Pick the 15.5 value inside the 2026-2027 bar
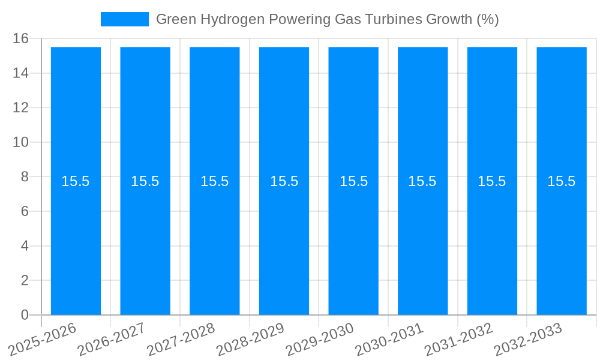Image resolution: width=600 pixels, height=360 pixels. click(x=145, y=181)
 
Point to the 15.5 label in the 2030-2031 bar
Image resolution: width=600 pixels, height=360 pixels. click(x=422, y=181)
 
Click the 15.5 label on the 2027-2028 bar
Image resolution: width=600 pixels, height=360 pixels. click(x=215, y=181)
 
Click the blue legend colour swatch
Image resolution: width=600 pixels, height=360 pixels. click(x=124, y=19)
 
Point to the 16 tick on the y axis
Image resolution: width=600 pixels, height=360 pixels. click(x=21, y=39)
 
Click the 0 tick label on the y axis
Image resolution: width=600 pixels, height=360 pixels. click(x=25, y=315)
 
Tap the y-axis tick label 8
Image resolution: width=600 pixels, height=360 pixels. click(x=25, y=177)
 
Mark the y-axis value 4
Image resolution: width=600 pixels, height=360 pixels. click(x=25, y=246)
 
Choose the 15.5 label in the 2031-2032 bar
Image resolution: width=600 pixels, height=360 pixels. click(x=492, y=181)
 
